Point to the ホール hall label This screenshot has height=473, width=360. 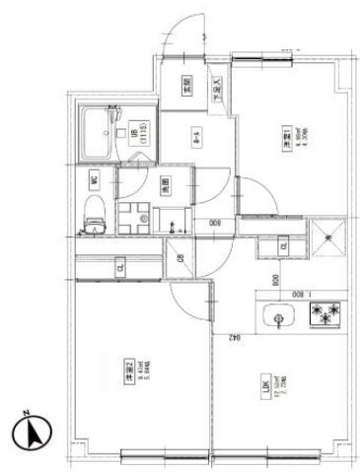tap(195, 137)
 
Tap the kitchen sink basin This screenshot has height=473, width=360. tap(279, 318)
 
